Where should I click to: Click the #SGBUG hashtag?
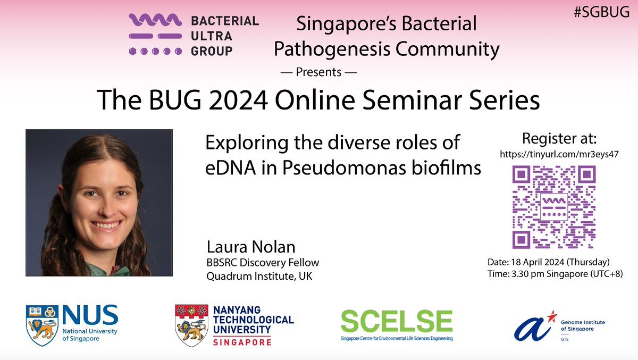coord(602,14)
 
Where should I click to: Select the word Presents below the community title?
coord(318,72)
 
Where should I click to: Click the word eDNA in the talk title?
coord(228,168)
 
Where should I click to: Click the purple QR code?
coord(553,207)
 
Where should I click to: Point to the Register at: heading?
coord(560,139)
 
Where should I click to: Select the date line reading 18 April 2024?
coord(548,262)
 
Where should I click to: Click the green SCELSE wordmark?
coord(396,320)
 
